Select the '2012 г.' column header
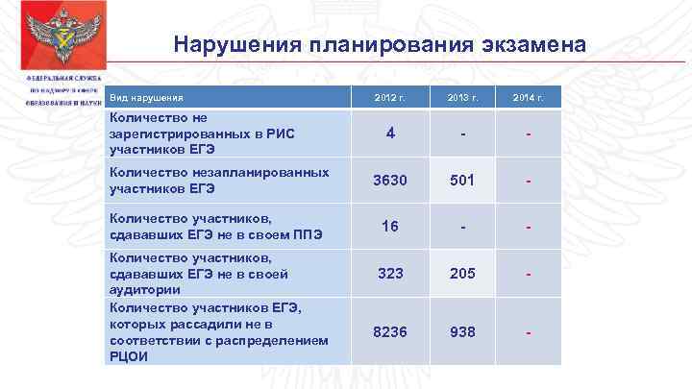[390, 98]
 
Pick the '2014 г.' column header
[528, 98]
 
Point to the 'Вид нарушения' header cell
[146, 98]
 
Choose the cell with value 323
[390, 274]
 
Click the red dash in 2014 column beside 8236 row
[528, 332]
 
